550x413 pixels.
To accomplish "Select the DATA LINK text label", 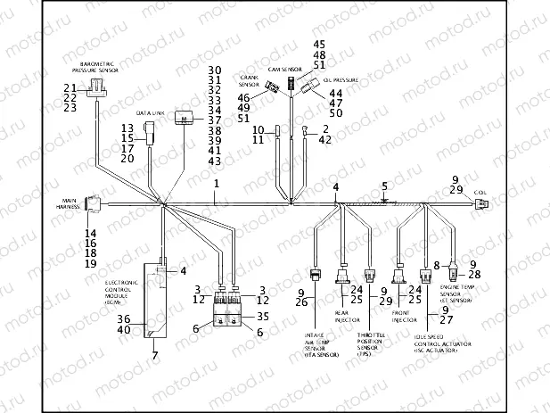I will point(150,114).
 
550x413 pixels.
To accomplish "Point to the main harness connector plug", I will point(94,203).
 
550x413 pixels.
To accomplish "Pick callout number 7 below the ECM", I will point(155,356).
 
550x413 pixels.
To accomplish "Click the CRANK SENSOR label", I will point(248,81).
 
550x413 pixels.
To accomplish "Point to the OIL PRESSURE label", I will point(340,80).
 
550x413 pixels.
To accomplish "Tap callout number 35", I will point(263,316).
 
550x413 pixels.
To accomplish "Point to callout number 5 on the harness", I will point(384,186).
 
